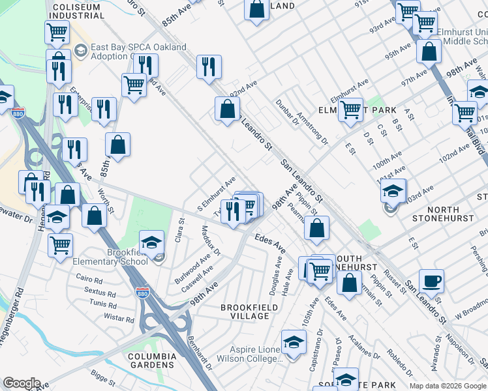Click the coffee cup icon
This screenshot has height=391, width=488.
point(431,282)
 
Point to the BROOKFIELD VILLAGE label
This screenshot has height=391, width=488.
point(245,311)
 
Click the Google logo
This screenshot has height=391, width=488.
point(22,383)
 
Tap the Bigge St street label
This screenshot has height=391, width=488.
point(104,377)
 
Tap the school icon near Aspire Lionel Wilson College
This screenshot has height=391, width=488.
point(294,342)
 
